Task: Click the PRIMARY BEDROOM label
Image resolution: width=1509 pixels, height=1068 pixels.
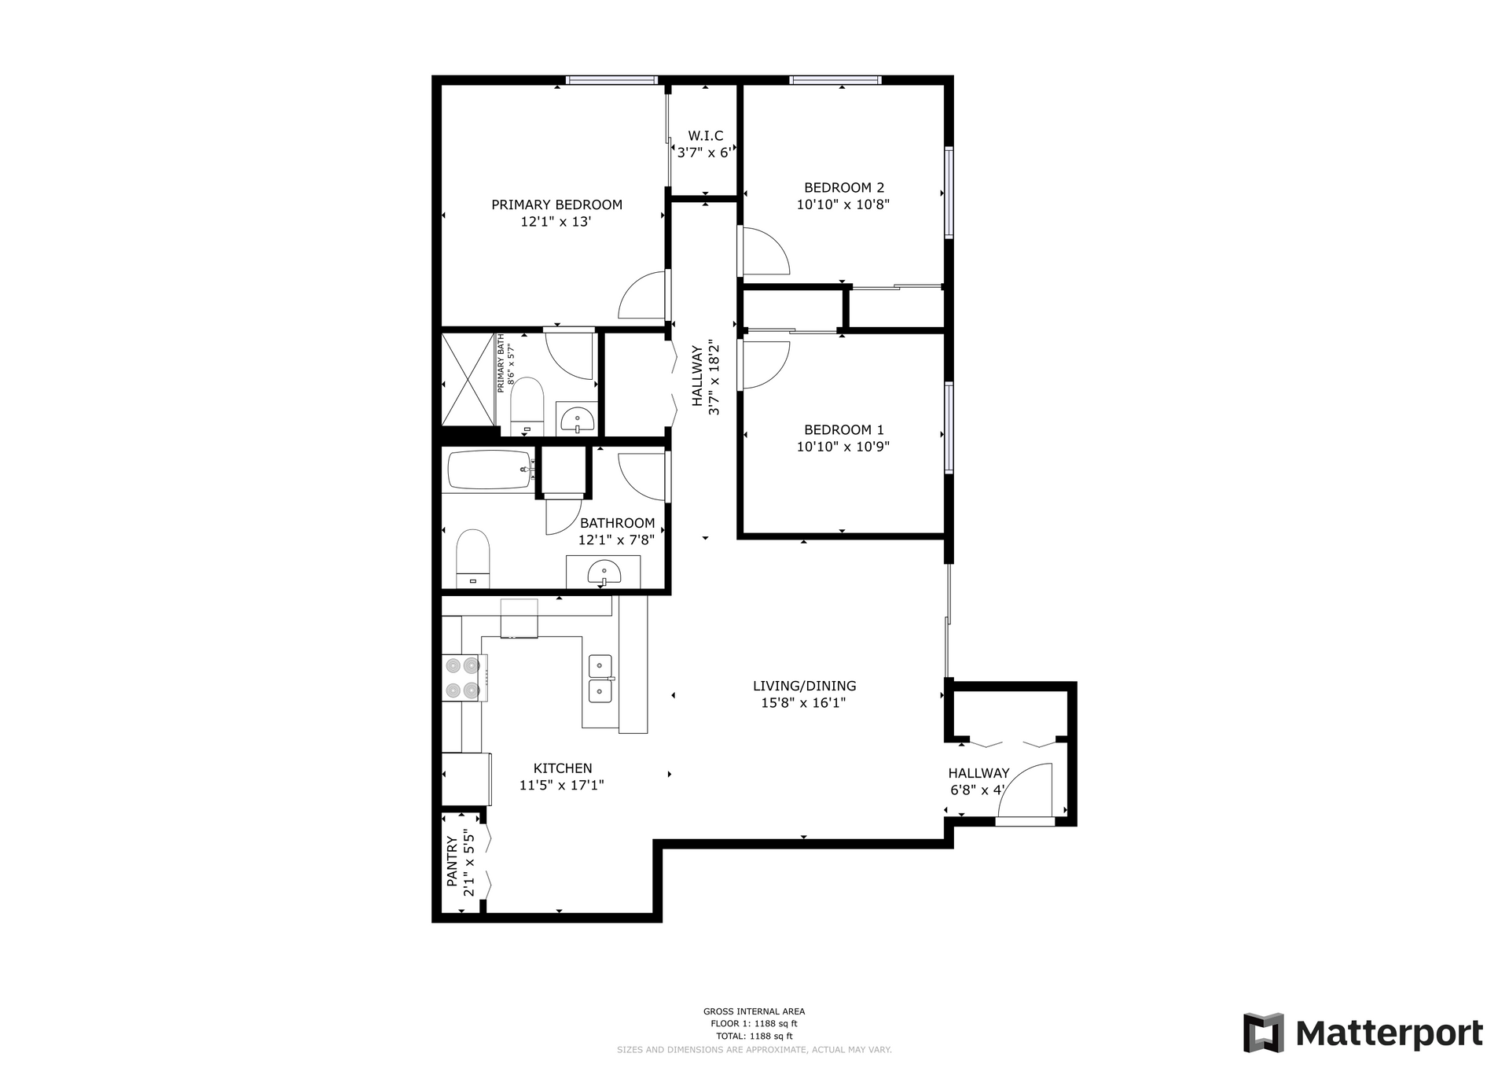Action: (x=556, y=204)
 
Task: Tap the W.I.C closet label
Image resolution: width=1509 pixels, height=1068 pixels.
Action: (x=705, y=136)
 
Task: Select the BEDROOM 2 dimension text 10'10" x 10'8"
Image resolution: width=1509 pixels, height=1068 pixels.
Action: (x=843, y=204)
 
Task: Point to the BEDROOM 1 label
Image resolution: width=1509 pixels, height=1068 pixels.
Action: (x=843, y=429)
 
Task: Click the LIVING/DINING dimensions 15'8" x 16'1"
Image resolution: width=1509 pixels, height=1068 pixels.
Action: (x=803, y=703)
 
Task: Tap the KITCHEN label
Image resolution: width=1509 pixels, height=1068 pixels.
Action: (x=563, y=768)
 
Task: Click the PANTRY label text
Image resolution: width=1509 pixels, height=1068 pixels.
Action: (x=452, y=862)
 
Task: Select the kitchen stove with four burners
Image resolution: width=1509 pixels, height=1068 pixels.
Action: (x=464, y=678)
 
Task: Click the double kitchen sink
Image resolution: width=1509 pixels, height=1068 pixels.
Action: (x=601, y=679)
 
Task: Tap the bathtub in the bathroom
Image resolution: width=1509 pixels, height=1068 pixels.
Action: (x=490, y=470)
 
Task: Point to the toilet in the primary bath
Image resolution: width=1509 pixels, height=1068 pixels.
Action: (x=527, y=406)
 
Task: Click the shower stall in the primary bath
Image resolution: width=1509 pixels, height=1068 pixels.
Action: (x=468, y=380)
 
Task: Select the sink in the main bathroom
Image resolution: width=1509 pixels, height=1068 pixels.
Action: (x=604, y=573)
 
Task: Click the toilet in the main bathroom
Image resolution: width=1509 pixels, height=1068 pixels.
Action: (x=472, y=558)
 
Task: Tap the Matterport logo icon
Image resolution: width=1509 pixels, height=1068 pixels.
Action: (x=1263, y=1033)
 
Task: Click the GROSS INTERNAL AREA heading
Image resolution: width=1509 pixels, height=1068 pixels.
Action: (x=754, y=1011)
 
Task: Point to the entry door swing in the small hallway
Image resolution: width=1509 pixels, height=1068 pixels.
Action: (x=1026, y=790)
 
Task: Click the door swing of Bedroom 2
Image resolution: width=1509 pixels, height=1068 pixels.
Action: (x=764, y=252)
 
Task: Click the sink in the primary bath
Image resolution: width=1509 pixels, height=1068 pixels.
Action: (x=578, y=421)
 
